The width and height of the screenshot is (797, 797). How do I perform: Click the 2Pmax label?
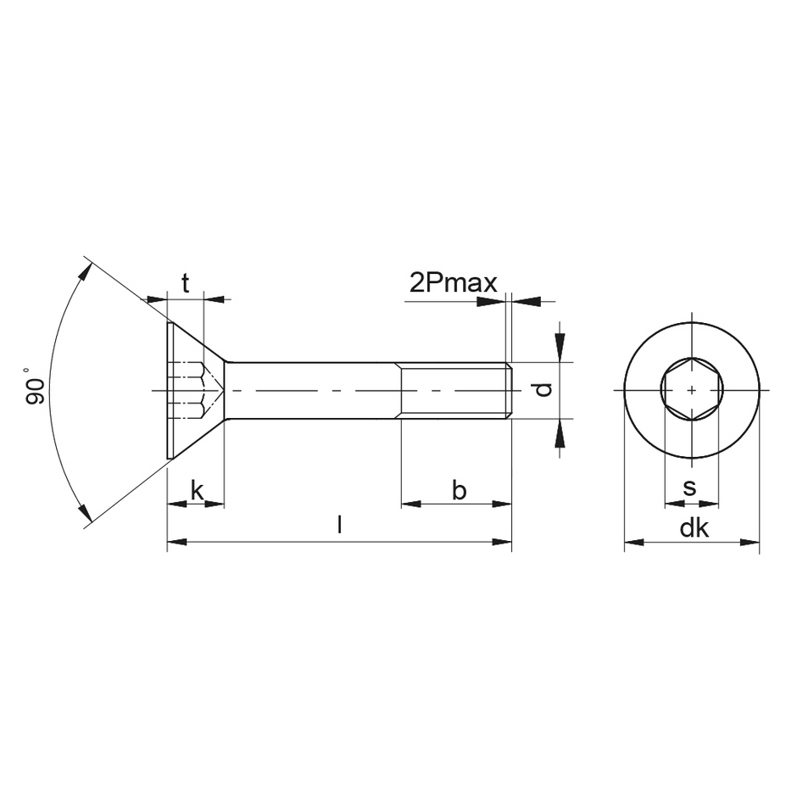[x=453, y=282]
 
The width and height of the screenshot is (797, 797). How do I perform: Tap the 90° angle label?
[x=34, y=386]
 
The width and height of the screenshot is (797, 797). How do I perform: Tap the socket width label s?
[x=689, y=488]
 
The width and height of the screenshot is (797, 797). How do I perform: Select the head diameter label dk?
[x=694, y=528]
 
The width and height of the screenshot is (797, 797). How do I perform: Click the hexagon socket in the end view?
[x=691, y=389]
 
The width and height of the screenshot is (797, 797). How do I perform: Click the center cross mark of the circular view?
[x=692, y=390]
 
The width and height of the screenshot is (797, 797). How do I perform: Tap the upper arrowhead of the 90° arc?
[x=85, y=272]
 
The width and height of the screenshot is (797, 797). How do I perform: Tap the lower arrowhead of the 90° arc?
[x=85, y=511]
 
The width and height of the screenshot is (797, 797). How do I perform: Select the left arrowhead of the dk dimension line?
[x=633, y=541]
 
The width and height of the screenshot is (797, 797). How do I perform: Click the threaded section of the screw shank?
[x=454, y=390]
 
